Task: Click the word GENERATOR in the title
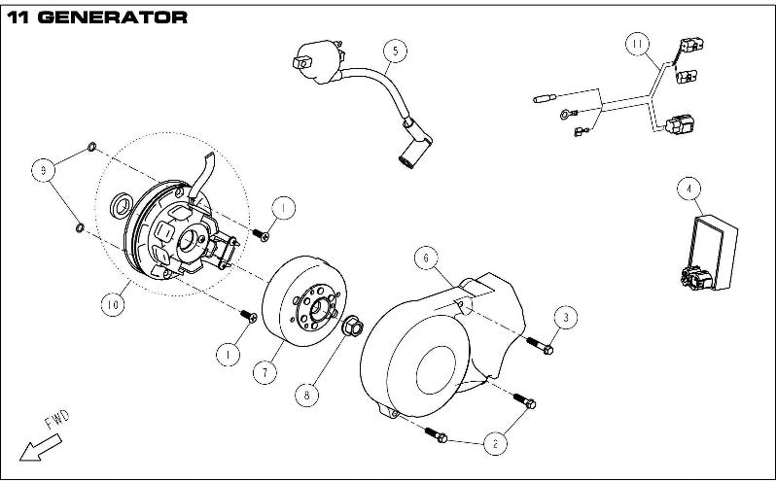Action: [116, 17]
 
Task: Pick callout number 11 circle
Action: [637, 44]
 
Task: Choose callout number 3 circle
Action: [567, 316]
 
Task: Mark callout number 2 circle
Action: [495, 443]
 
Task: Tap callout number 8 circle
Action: [308, 394]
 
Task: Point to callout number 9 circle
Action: [42, 170]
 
